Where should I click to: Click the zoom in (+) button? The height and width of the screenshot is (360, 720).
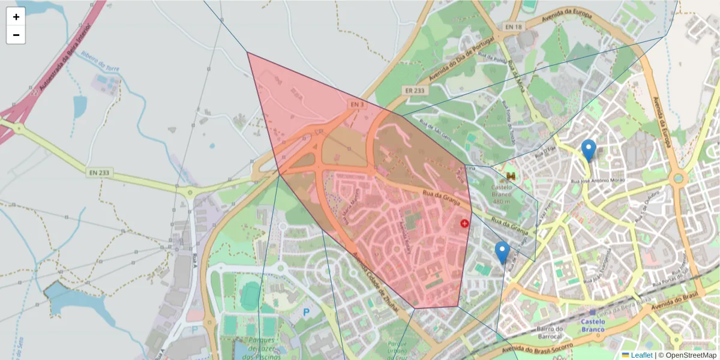pyautogui.click(x=16, y=17)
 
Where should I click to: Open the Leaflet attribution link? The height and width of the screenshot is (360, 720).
pyautogui.click(x=641, y=355)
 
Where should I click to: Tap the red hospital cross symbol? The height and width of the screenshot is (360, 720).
pyautogui.click(x=464, y=224)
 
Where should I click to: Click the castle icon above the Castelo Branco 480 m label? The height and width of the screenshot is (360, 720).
pyautogui.click(x=511, y=176)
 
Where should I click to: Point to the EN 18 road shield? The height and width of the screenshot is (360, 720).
pyautogui.click(x=514, y=27)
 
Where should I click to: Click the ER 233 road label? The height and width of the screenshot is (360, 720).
pyautogui.click(x=415, y=91)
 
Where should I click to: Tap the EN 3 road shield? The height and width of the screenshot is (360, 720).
pyautogui.click(x=358, y=104)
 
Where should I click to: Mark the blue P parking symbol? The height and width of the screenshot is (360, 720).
pyautogui.click(x=307, y=312)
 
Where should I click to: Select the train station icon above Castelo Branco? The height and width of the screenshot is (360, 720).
pyautogui.click(x=593, y=312)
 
